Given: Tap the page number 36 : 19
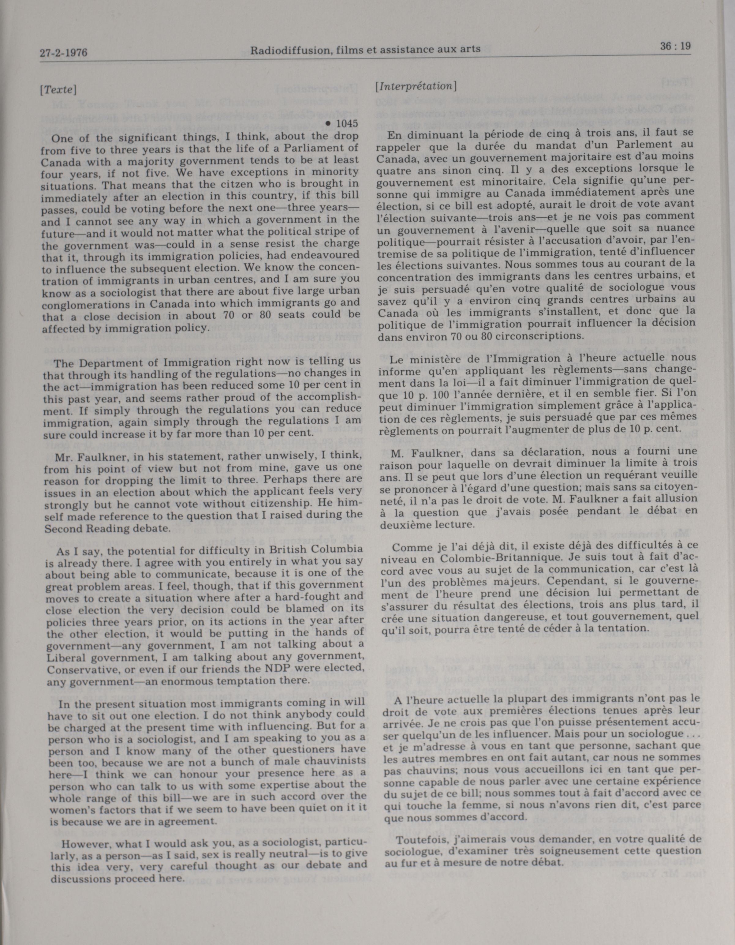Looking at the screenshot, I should click(x=675, y=46).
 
